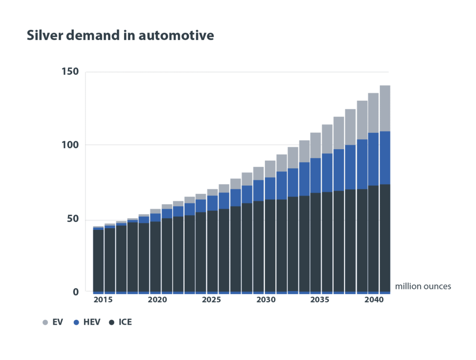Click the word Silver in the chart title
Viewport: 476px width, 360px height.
[x=43, y=35]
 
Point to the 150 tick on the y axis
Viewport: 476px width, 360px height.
[x=70, y=72]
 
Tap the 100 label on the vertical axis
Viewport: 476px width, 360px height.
[x=70, y=145]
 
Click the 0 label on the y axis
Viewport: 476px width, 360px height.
[x=76, y=292]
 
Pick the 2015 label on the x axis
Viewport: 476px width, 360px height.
[x=103, y=300]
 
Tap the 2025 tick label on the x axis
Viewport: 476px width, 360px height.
[x=212, y=300]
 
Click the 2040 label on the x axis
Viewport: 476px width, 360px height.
[x=374, y=300]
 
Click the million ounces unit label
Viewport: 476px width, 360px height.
[x=423, y=287]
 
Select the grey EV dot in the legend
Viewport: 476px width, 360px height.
[x=45, y=322]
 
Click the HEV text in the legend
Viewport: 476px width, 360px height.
[x=92, y=322]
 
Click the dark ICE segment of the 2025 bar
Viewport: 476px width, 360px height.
[x=213, y=251]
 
